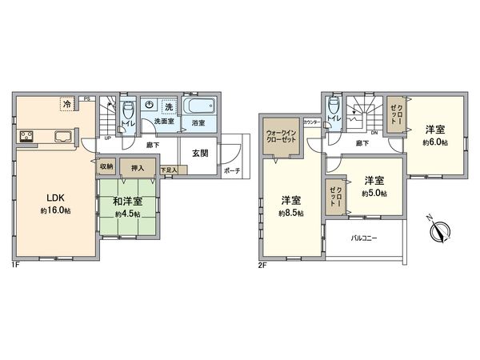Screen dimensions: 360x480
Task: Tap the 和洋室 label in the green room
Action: (127, 203)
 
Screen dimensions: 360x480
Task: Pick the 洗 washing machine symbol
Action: (168, 106)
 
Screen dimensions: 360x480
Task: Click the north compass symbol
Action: (438, 230)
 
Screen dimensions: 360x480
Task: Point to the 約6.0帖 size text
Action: (434, 141)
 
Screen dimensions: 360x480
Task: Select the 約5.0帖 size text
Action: (374, 193)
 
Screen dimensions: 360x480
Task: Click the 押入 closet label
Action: (138, 167)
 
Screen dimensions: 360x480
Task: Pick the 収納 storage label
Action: (106, 167)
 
